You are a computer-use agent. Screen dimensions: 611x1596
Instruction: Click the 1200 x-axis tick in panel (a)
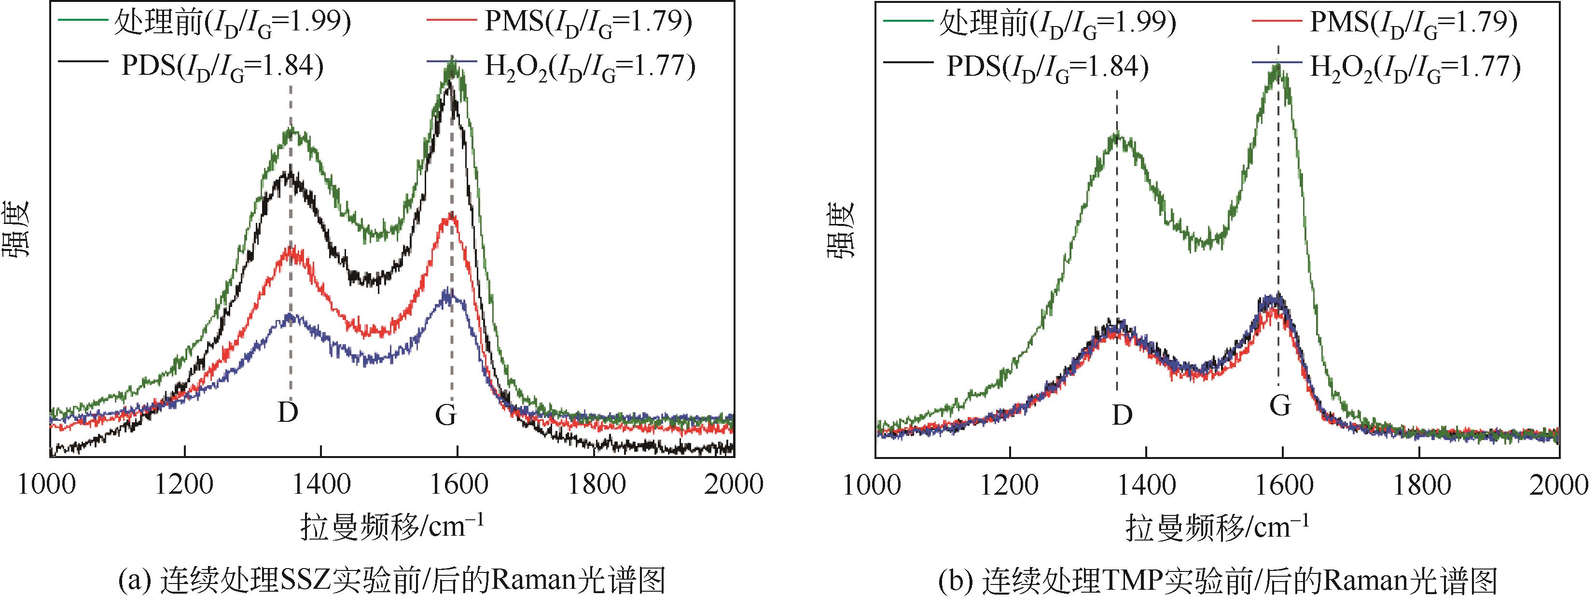184,484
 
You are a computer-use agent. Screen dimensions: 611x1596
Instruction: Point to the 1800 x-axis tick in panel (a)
596,484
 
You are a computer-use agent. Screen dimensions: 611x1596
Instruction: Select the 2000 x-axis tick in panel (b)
1559,484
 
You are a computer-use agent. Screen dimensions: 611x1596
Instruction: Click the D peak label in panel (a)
288,412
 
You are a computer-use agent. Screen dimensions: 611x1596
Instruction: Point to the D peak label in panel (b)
1122,415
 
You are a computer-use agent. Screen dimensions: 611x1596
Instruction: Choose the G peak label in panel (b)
1280,406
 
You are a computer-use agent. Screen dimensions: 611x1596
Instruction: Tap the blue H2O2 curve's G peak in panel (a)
448,294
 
